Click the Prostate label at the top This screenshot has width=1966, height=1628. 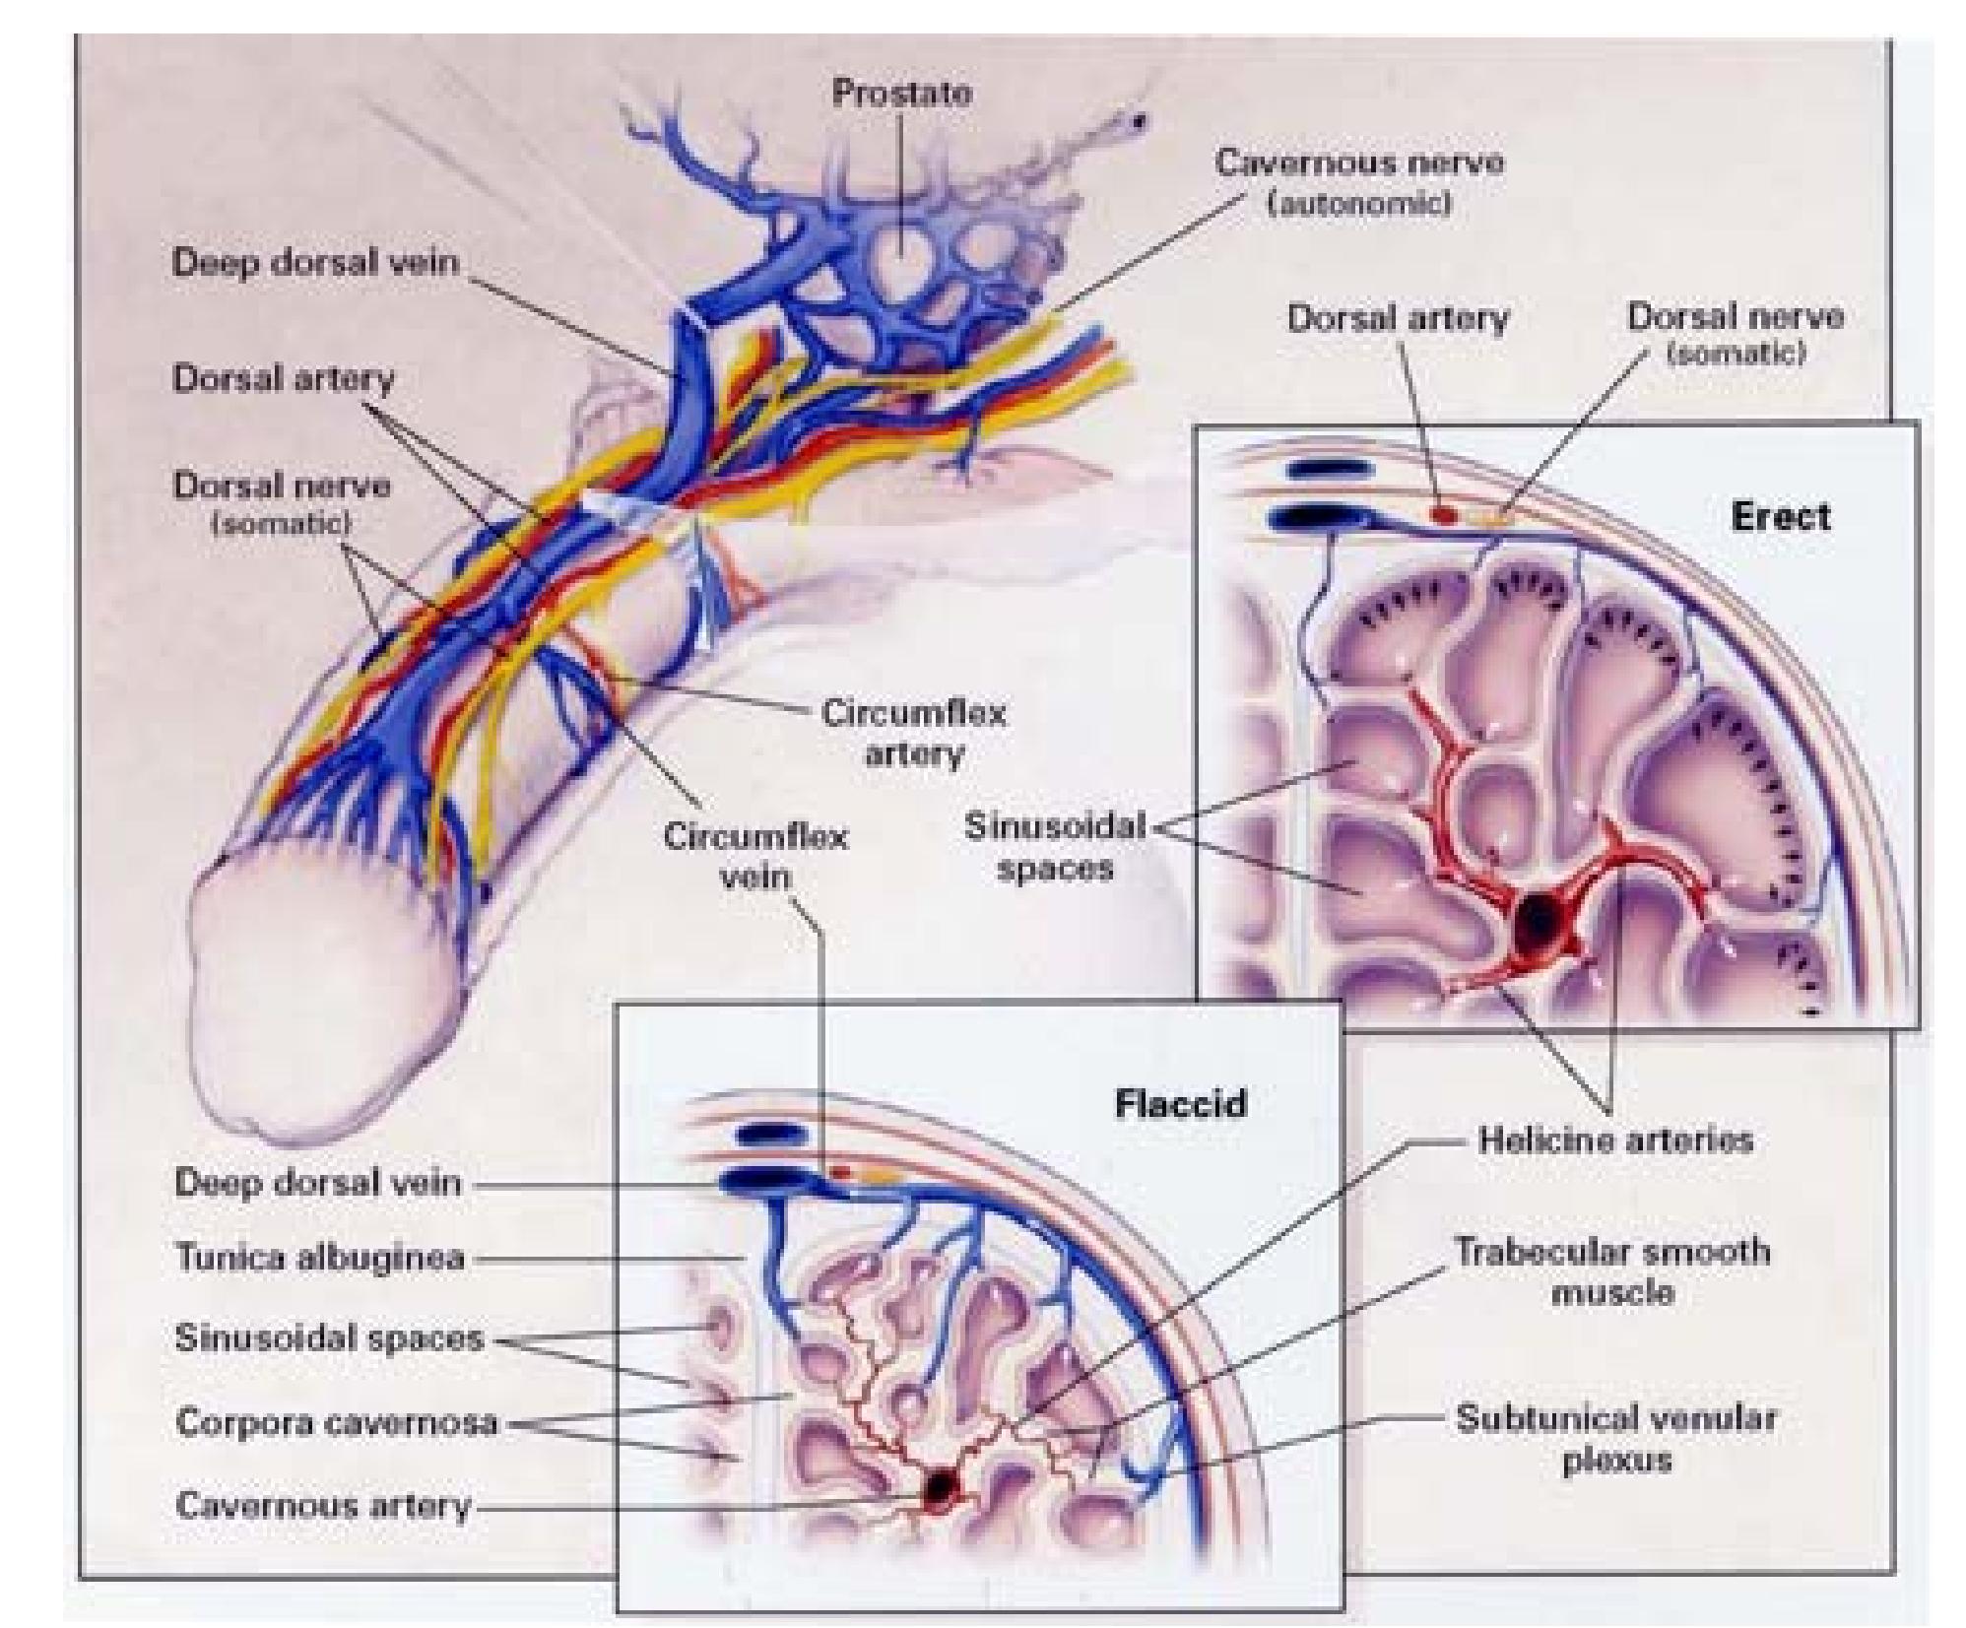pos(901,93)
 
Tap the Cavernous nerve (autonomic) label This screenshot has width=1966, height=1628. pos(1358,181)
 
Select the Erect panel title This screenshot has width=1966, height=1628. pos(1780,516)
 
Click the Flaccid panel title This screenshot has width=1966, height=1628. pos(1180,1103)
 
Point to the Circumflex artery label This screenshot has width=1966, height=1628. pos(913,733)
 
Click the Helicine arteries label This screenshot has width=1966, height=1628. pos(1615,1140)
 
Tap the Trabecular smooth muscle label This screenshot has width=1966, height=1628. pos(1612,1270)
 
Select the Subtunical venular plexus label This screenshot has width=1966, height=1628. pos(1616,1438)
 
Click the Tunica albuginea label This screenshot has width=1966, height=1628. pos(320,1258)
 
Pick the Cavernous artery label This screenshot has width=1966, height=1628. pos(323,1506)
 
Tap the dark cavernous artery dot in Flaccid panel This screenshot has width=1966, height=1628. pos(941,1486)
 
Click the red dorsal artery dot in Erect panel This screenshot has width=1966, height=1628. pos(1443,513)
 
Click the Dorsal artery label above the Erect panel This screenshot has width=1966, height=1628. pos(1398,318)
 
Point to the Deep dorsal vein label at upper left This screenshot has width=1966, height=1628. pos(315,262)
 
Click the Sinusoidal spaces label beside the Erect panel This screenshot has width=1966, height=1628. pos(1054,847)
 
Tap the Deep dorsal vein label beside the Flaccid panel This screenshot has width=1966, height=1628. pos(317,1182)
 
